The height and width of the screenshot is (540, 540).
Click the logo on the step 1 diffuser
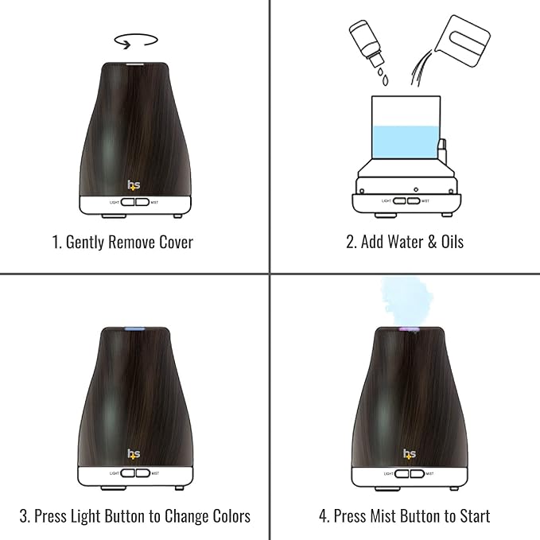134,186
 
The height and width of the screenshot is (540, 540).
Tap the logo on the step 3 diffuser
134,454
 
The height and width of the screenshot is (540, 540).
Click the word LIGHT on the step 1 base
116,202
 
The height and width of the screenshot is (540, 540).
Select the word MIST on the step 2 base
425,201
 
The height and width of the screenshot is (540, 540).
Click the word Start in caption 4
472,516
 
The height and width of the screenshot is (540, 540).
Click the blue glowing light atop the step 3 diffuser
134,328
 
